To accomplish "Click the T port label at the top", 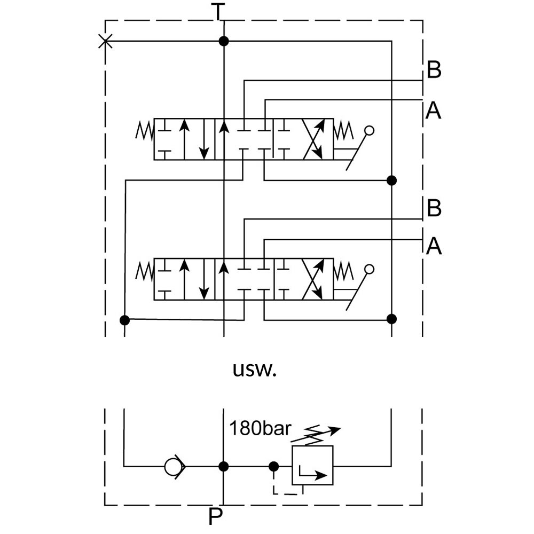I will pyautogui.click(x=217, y=11).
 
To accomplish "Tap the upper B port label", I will pyautogui.click(x=434, y=70).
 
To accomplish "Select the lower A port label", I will pyautogui.click(x=434, y=246).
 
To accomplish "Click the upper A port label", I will pyautogui.click(x=434, y=111).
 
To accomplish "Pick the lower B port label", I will pyautogui.click(x=434, y=208).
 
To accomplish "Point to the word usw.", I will pyautogui.click(x=255, y=370).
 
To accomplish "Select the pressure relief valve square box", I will pyautogui.click(x=312, y=465).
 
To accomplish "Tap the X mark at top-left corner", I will pyautogui.click(x=106, y=41).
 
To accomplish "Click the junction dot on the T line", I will pyautogui.click(x=224, y=41).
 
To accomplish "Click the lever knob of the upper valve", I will pyautogui.click(x=369, y=130).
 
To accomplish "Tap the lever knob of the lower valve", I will pyautogui.click(x=369, y=269).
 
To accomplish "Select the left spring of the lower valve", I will pyautogui.click(x=144, y=271).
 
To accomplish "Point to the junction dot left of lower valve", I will pyautogui.click(x=124, y=320).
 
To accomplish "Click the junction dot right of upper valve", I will pyautogui.click(x=391, y=180).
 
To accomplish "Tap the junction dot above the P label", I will pyautogui.click(x=224, y=466).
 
